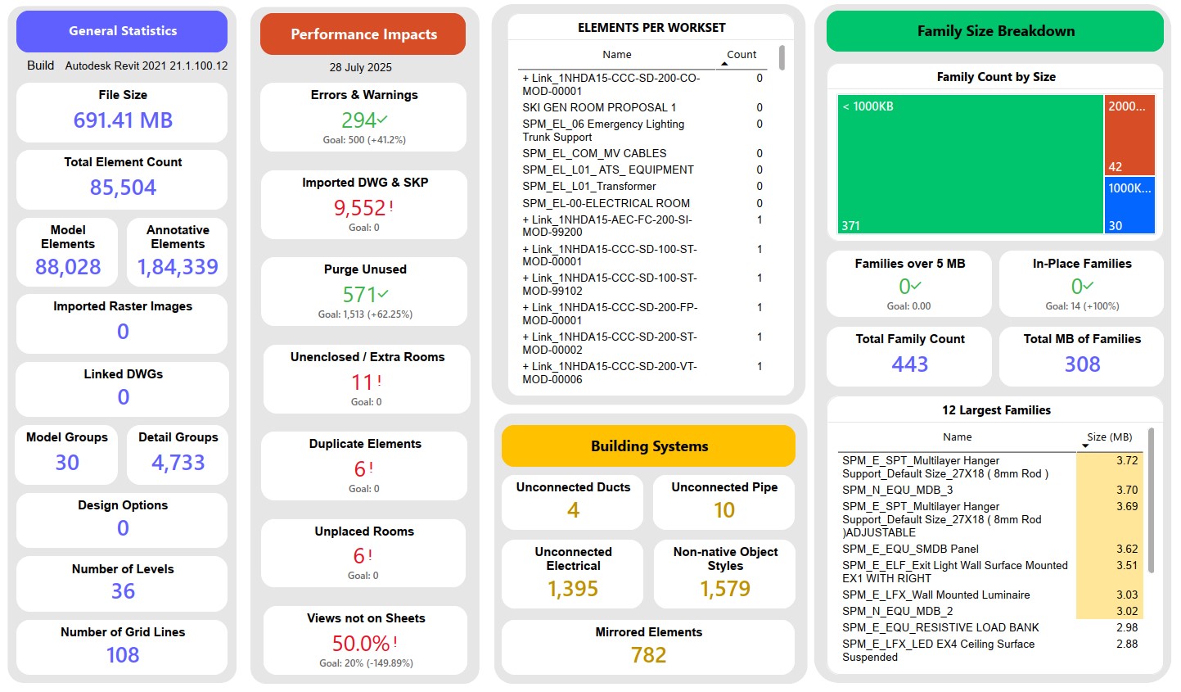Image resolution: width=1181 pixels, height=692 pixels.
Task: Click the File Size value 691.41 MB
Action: (x=123, y=120)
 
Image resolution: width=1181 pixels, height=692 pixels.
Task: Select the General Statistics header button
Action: (x=123, y=31)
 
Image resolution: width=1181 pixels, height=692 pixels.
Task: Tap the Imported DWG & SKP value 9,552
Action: (x=360, y=208)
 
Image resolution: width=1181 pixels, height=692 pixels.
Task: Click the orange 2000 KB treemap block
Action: (x=1129, y=134)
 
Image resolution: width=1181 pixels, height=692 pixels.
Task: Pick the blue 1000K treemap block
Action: (x=1129, y=205)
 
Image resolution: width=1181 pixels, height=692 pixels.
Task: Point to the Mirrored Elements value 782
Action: (x=648, y=655)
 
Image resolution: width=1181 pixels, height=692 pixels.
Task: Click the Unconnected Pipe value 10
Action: (x=724, y=510)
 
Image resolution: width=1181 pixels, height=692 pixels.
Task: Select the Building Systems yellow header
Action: (x=649, y=446)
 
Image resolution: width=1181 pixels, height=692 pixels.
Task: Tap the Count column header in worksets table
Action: (x=742, y=55)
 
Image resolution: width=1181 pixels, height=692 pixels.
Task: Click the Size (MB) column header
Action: (x=1109, y=437)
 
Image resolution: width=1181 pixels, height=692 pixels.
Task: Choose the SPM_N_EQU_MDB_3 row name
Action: (x=897, y=490)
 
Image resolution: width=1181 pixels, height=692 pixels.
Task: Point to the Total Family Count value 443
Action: (x=909, y=364)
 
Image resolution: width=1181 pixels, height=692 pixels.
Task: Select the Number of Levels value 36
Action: (x=123, y=591)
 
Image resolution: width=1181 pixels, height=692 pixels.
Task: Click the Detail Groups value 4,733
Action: (x=178, y=463)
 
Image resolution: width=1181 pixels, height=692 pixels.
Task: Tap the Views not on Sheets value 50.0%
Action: (x=361, y=643)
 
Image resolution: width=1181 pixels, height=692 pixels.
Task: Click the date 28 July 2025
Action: (x=361, y=67)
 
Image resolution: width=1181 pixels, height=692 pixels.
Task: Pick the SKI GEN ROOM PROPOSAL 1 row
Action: (x=599, y=107)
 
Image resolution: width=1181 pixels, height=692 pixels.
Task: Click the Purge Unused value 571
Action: (x=360, y=295)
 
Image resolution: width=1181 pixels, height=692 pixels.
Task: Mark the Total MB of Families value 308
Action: (x=1082, y=364)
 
